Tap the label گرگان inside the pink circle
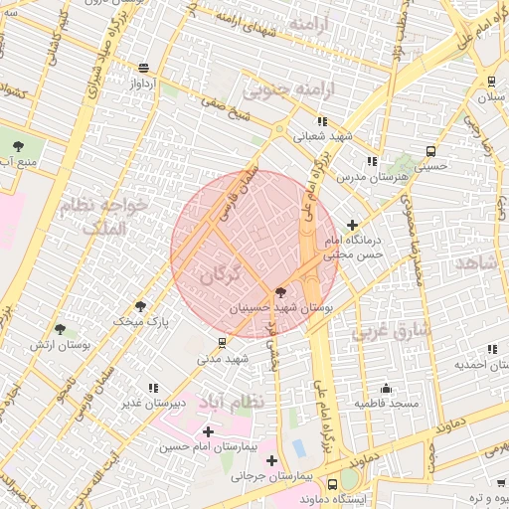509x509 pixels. [221, 275]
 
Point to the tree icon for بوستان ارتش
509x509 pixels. [60, 329]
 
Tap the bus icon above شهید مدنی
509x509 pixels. [221, 342]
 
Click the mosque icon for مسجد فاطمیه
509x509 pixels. [387, 388]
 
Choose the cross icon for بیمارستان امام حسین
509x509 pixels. [208, 431]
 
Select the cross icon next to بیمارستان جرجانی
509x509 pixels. [271, 459]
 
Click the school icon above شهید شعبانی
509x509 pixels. [321, 122]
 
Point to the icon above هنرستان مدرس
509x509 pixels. [371, 160]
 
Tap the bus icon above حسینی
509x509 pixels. [430, 151]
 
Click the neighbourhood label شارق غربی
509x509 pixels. [391, 329]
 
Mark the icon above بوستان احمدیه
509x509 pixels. [491, 348]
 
